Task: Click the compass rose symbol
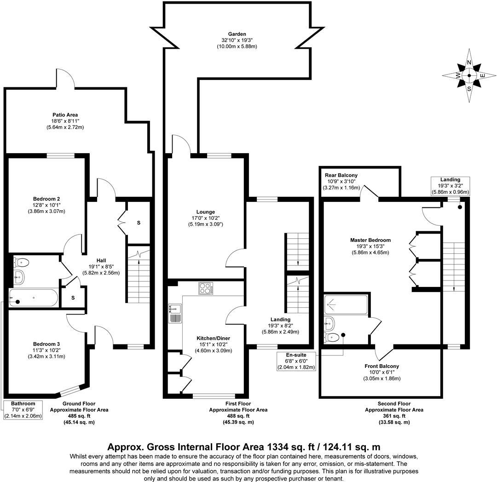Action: pos(469,76)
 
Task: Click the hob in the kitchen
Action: pos(205,288)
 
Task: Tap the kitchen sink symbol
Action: pos(175,313)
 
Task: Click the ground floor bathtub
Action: pos(33,299)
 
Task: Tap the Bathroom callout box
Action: pos(23,409)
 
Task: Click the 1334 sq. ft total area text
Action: pos(243,447)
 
